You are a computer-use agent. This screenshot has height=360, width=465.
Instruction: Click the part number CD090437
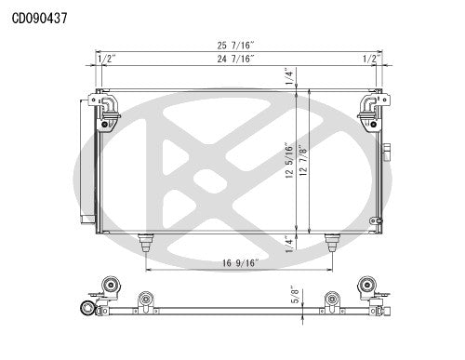39,17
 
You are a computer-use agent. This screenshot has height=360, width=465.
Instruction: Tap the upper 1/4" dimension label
290,78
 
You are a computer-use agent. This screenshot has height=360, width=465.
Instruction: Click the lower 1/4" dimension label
290,243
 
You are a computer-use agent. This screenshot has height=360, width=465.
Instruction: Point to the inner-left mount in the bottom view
145,300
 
